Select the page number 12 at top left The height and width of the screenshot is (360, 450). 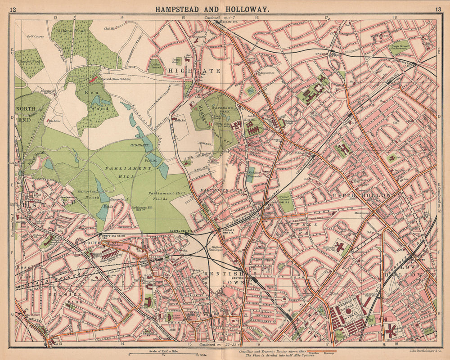tap(13, 9)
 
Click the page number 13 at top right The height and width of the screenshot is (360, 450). tap(437, 9)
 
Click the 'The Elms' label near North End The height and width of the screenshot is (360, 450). tap(54, 121)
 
